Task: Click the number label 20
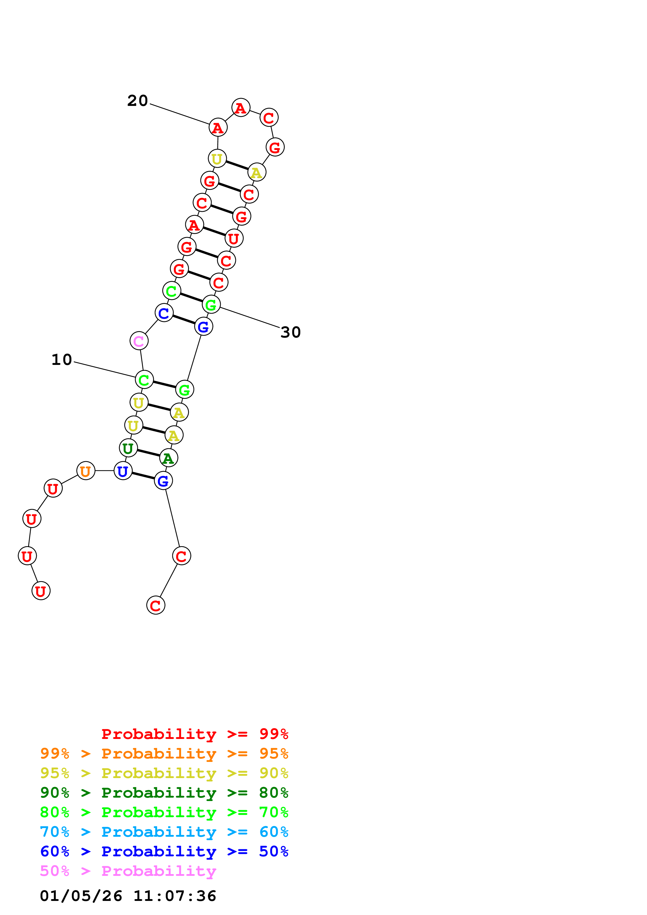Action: (138, 101)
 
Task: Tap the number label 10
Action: (62, 360)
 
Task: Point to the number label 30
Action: (290, 332)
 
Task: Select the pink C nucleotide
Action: (139, 341)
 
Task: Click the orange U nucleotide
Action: (86, 471)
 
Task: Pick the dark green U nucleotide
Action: (128, 448)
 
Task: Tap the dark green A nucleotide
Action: (169, 458)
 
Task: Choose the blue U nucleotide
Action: (123, 471)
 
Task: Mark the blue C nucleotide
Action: (164, 313)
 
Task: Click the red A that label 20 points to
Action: (218, 128)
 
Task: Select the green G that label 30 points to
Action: (211, 305)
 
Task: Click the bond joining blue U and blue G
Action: (143, 476)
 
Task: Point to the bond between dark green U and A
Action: (148, 453)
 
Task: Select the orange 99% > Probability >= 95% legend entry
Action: (164, 754)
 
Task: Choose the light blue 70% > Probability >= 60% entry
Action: (164, 832)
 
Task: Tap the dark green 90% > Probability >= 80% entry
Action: (164, 793)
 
